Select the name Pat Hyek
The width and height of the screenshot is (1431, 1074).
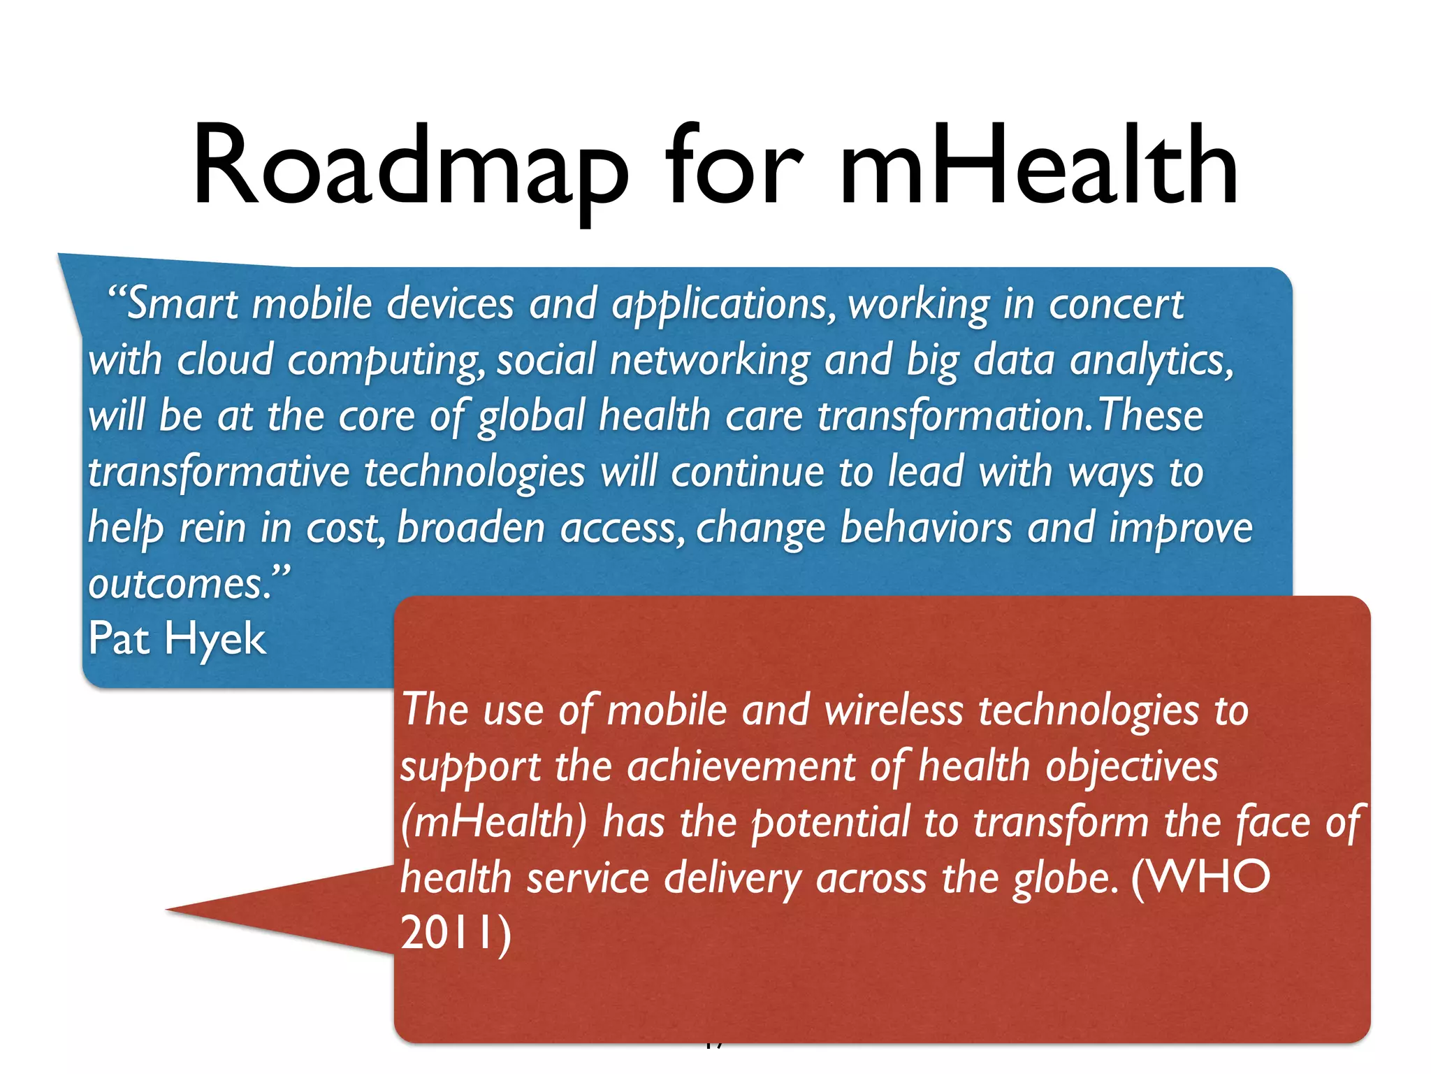[x=177, y=638]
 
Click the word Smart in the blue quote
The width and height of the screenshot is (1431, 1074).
[x=182, y=305]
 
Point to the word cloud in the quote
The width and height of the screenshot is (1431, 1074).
[x=224, y=361]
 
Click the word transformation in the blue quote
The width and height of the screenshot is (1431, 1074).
[x=951, y=417]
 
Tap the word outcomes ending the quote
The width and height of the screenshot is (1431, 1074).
[x=180, y=584]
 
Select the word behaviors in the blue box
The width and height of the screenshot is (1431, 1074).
[x=925, y=528]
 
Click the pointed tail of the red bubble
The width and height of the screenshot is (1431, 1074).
[x=210, y=909]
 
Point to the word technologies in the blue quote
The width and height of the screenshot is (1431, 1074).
[x=474, y=473]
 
